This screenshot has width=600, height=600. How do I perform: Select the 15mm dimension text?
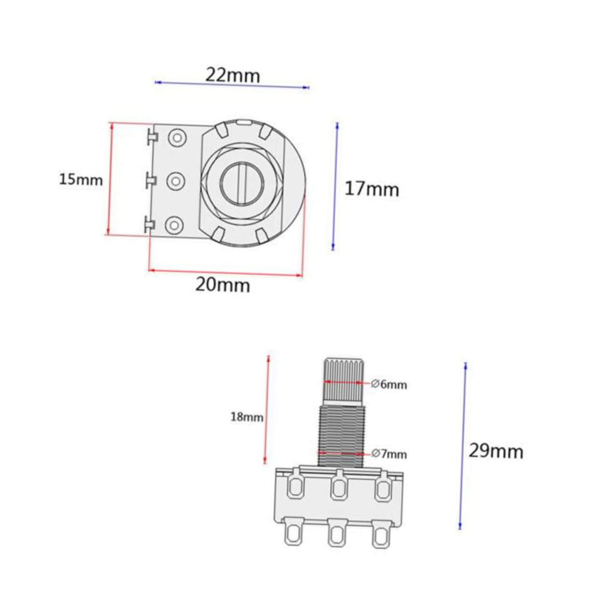(x=81, y=180)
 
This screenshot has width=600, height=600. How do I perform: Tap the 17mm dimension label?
(x=372, y=189)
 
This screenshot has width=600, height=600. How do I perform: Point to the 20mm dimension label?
(x=223, y=285)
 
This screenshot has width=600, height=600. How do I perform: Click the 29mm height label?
(x=496, y=451)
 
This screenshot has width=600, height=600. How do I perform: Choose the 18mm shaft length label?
(x=247, y=417)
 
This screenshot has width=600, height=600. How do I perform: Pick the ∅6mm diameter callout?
(x=389, y=385)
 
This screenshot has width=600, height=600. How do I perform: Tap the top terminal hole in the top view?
(x=177, y=137)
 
